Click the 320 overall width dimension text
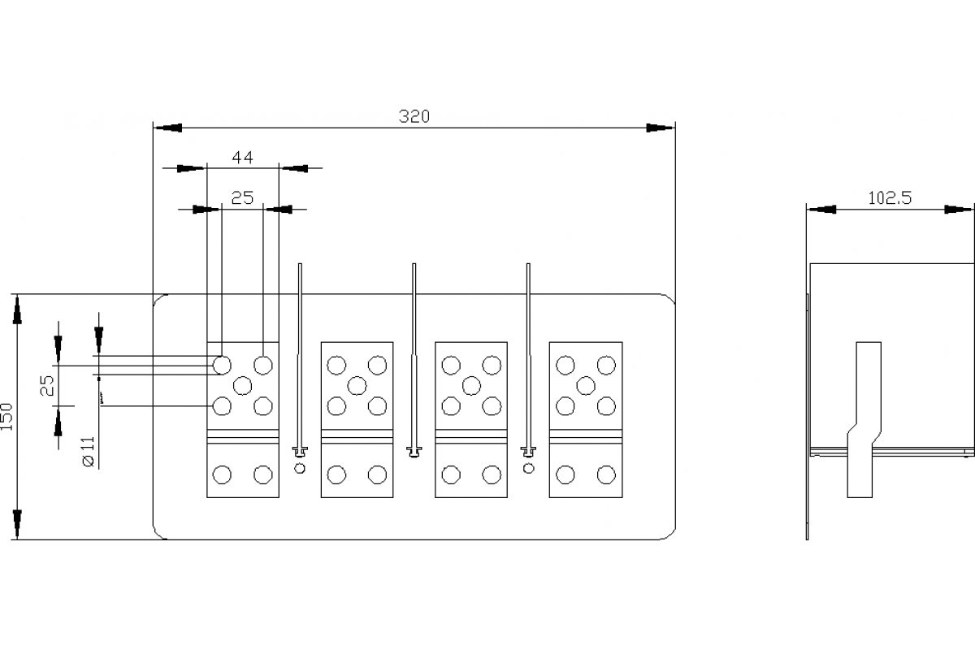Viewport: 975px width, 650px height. pos(414,115)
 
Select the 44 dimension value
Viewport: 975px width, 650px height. pos(243,158)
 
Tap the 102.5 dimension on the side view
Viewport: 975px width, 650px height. pos(890,197)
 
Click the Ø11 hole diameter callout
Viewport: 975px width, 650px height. pos(89,451)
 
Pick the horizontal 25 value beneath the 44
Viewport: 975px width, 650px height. pos(243,197)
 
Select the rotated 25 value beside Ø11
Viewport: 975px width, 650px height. pos(49,385)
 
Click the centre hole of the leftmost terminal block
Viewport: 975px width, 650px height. pos(242,384)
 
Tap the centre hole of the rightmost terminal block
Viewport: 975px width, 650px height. pos(585,384)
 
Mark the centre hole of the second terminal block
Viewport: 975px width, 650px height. pos(357,384)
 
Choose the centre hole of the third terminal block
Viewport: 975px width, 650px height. pos(470,384)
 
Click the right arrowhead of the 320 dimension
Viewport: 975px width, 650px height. pos(661,128)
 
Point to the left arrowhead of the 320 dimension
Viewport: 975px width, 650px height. pos(168,128)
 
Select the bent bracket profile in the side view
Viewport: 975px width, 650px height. pos(864,418)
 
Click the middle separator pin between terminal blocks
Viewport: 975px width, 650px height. pos(414,357)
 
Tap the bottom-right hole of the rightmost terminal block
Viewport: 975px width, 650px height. pos(605,475)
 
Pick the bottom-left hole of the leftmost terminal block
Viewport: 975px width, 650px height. pos(222,475)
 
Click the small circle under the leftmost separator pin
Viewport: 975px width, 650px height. pos(301,468)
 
